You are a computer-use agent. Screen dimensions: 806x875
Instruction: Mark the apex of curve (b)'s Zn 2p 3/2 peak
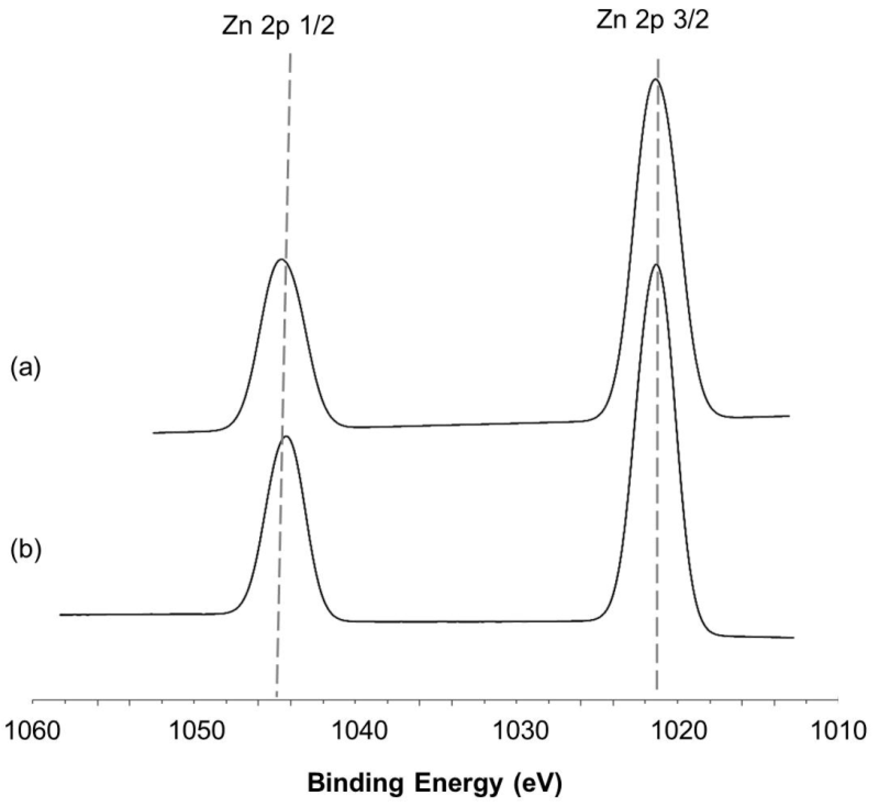tap(656, 265)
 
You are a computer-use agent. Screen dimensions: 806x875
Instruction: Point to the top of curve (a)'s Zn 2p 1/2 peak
tap(281, 259)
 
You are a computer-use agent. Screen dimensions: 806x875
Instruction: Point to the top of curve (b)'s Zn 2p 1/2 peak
tap(286, 436)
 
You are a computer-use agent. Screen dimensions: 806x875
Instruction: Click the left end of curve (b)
tap(60, 615)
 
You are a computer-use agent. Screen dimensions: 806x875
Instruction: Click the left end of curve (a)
tap(154, 433)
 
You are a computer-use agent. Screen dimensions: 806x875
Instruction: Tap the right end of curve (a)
tap(790, 416)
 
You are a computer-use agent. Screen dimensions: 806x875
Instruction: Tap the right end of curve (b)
tap(794, 638)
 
